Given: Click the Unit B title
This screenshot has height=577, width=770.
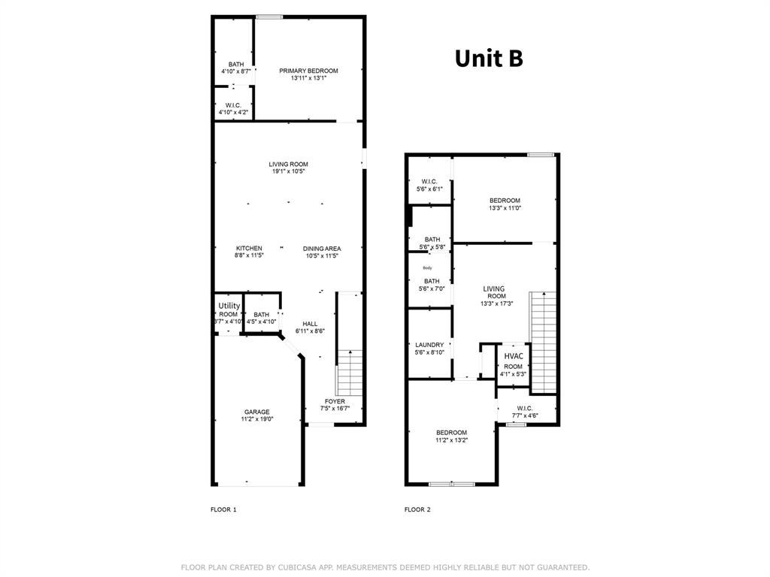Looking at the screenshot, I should (488, 59).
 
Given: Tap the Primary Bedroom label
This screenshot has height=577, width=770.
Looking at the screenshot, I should (308, 71).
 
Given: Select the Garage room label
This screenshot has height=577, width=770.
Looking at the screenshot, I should (256, 412).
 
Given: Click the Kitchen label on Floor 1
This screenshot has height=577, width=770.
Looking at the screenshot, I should (249, 249).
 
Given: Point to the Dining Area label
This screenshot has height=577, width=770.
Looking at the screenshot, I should (322, 249).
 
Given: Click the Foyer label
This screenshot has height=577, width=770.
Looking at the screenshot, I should (335, 401).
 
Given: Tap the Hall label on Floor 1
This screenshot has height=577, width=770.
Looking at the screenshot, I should (310, 324).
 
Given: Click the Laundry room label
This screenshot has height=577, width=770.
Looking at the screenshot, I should (429, 346).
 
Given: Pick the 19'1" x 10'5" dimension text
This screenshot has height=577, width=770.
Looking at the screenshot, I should (289, 171).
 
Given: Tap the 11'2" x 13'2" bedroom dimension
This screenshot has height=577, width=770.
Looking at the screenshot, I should (452, 440).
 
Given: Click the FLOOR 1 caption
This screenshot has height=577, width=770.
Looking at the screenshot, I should (223, 509).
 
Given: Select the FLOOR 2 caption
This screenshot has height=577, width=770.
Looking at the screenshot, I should (417, 509).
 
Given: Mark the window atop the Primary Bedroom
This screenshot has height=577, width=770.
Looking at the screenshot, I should (269, 17).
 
